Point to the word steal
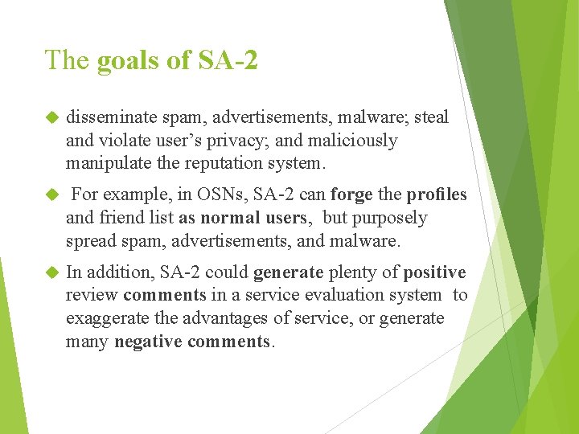point(432,117)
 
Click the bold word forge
point(351,195)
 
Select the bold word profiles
point(437,195)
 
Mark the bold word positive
point(435,272)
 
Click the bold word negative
point(149,341)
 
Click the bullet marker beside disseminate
point(53,117)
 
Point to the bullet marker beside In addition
point(53,272)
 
